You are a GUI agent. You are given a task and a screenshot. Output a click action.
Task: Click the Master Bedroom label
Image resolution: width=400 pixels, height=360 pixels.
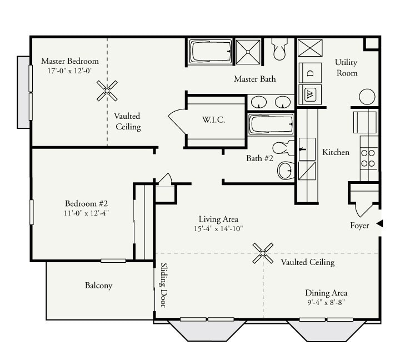click(70, 61)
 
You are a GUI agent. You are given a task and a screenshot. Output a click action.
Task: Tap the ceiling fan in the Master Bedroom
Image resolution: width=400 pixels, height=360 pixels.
click(107, 90)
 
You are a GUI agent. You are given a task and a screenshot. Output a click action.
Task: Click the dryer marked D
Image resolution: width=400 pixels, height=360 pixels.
click(310, 73)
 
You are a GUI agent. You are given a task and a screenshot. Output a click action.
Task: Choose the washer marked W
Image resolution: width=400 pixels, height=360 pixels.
click(310, 94)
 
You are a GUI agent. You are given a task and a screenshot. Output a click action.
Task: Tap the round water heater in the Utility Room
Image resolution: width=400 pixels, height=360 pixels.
click(367, 97)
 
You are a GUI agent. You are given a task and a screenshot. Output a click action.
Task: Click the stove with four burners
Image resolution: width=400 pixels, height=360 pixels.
click(368, 157)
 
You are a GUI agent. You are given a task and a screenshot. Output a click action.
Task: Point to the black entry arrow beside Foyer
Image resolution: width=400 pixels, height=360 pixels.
click(380, 223)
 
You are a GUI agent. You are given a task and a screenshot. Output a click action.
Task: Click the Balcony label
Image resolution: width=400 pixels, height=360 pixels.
click(98, 286)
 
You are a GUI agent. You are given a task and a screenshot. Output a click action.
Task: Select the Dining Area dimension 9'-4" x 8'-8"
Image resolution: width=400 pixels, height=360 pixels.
click(326, 303)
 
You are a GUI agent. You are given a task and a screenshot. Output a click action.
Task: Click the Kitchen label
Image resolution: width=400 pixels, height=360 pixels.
click(336, 152)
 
